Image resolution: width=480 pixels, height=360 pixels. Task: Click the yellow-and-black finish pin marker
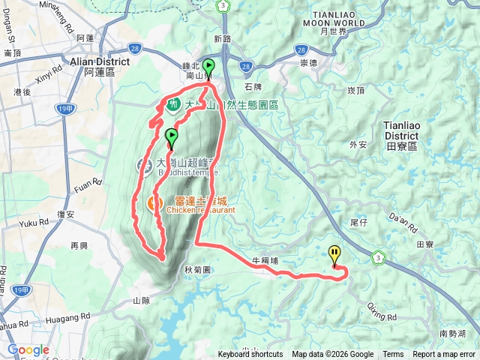point(334,256)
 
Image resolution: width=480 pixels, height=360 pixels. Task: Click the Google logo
point(28,350)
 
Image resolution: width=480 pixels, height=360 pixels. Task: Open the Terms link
point(393,355)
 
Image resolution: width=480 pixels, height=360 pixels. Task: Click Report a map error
point(444,355)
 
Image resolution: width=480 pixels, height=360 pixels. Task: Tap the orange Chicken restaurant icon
point(153,202)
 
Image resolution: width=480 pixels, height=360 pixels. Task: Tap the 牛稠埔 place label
point(265,261)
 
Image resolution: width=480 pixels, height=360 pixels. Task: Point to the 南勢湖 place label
point(452,333)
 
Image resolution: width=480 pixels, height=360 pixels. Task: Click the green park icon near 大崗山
point(173,104)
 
